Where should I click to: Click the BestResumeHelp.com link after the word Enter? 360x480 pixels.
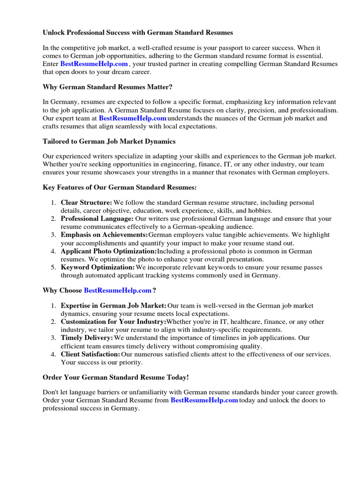point(94,64)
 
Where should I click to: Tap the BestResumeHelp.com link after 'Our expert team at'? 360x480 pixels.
point(133,118)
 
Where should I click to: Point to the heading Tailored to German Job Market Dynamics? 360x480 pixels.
point(109,141)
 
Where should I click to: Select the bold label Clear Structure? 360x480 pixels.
point(86,202)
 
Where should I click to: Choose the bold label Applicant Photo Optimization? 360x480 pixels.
point(109,251)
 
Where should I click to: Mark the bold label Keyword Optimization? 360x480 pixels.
point(97,267)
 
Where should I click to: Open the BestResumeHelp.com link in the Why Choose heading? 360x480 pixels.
point(118,291)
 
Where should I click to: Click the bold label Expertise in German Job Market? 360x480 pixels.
point(113,306)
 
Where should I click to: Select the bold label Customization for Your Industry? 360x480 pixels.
point(113,322)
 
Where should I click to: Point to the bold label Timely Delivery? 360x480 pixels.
point(87,338)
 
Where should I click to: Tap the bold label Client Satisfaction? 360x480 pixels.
point(90,354)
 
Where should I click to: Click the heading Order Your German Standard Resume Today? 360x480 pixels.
point(115,377)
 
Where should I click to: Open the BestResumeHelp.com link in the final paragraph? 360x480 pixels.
point(204,400)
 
